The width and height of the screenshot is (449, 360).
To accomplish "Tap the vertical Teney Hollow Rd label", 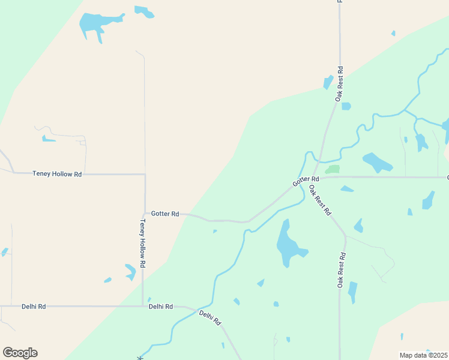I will point(143,243).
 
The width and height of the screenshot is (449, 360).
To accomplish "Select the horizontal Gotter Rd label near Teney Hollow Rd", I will point(165,214).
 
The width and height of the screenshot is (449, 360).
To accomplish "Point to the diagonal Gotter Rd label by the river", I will point(306,180).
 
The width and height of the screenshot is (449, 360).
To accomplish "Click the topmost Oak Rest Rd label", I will point(340,83).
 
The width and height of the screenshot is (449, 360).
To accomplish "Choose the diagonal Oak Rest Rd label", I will point(320,200).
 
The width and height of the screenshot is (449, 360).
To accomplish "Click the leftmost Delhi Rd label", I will point(34,306).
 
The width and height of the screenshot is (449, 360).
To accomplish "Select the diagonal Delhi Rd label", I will point(211,317).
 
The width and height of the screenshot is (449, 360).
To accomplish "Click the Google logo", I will point(20,353).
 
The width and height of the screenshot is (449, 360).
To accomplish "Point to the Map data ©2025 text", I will point(423,355).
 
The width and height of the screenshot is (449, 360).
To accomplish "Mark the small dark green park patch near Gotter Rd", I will point(333,169).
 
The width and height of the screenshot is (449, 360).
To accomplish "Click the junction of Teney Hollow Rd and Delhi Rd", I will point(143,306).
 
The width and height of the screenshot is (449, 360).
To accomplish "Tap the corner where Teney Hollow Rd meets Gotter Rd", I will point(144,213).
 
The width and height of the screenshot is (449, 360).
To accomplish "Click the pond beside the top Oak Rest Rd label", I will point(328,82).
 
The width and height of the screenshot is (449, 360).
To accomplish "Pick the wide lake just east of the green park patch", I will point(377,162).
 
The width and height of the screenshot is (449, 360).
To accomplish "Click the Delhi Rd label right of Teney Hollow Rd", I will point(161,306).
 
